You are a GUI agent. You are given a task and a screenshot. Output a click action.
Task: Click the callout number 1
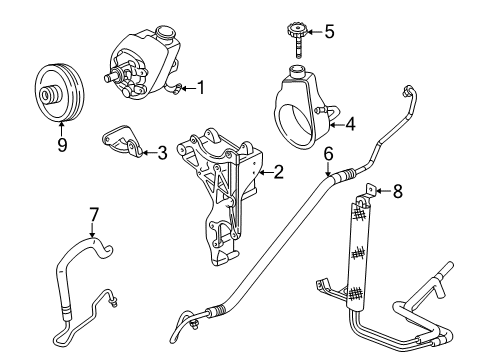tap(200, 87)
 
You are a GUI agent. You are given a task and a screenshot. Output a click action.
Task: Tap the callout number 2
tap(278, 172)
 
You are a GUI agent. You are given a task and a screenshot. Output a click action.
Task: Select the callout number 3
tap(162, 153)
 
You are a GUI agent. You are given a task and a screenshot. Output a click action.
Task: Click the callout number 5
tap(330, 31)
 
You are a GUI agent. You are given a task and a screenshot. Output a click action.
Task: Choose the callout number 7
tap(94, 213)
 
